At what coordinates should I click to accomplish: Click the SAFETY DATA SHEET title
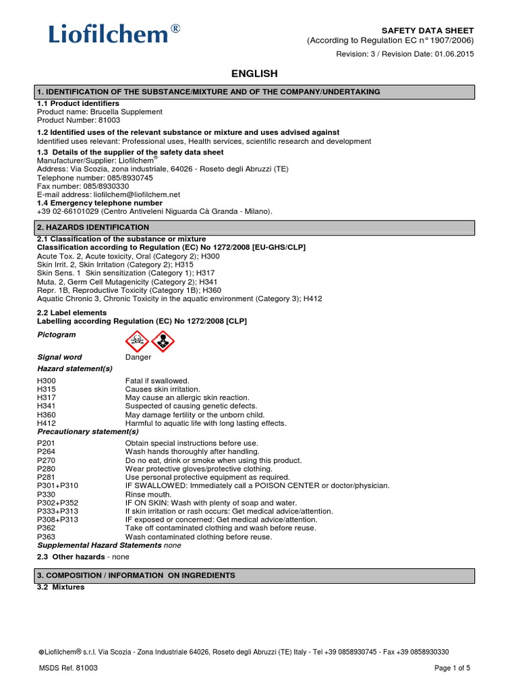coord(428,31)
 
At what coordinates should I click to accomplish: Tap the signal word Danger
coord(138,357)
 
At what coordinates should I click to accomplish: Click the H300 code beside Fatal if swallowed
coord(47,381)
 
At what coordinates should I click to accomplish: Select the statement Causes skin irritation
coord(163,390)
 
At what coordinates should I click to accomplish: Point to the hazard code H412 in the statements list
coord(47,423)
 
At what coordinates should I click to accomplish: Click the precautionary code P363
coord(47,536)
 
